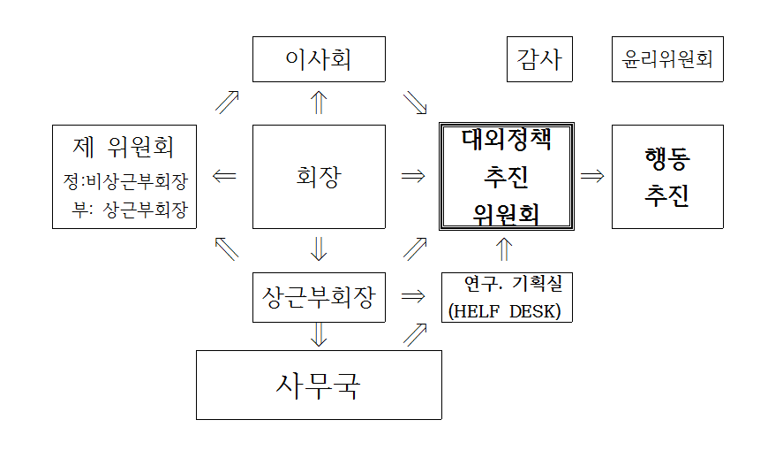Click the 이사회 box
[319, 59]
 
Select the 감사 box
[539, 59]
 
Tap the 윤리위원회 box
[667, 59]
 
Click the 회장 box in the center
[319, 177]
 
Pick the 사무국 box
[319, 385]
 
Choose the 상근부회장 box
[319, 297]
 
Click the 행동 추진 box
[667, 177]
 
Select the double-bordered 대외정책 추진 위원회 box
[507, 177]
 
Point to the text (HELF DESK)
[504, 311]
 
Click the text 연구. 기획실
[514, 284]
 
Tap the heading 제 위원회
[123, 147]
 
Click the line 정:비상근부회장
[125, 181]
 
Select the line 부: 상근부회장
[130, 210]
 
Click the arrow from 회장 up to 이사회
[319, 103]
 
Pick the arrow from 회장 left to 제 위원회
[224, 176]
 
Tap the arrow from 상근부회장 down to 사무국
[319, 335]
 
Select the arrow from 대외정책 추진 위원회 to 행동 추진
[592, 176]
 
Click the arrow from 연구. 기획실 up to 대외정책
[504, 249]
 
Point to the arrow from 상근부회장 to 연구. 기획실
[413, 296]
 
